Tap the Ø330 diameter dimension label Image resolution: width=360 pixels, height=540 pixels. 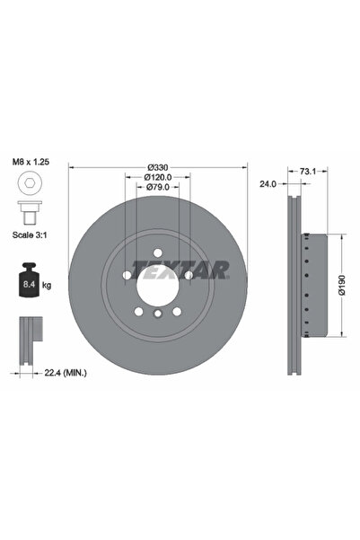pos(158,167)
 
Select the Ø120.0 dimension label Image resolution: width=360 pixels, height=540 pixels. pos(158,178)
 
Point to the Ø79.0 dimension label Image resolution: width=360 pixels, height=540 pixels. pos(158,188)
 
